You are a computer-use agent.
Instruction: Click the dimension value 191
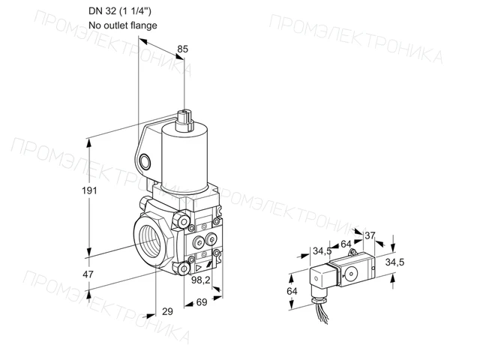click(x=89, y=190)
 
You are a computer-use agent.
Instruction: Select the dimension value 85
click(x=182, y=49)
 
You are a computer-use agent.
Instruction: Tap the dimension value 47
click(x=88, y=274)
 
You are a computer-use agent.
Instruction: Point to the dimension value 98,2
click(x=200, y=280)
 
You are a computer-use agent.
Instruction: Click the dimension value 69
click(x=202, y=302)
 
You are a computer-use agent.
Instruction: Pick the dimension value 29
click(x=167, y=311)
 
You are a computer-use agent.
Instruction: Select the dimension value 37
click(x=370, y=235)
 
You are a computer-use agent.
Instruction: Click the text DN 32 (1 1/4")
click(x=120, y=11)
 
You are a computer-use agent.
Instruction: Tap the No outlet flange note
click(x=123, y=25)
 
